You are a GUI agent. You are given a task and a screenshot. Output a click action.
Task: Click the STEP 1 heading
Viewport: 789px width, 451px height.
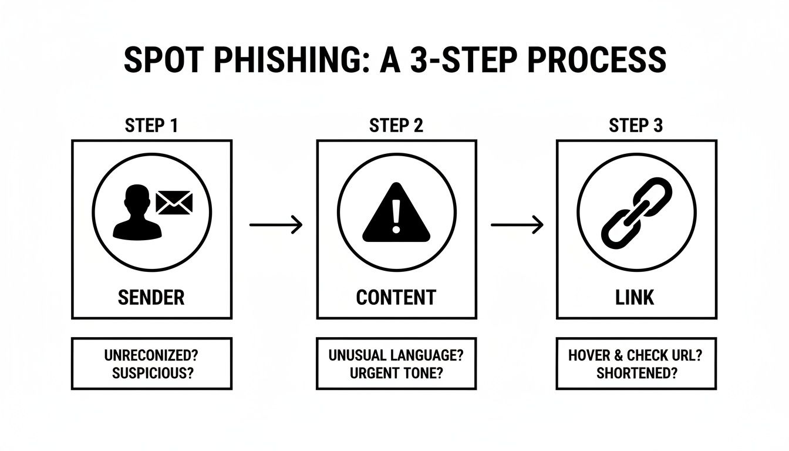click(x=151, y=126)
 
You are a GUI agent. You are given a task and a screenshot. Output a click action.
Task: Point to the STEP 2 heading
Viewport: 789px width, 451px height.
click(x=396, y=126)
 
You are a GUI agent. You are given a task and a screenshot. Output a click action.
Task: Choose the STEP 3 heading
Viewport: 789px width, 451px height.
click(x=636, y=126)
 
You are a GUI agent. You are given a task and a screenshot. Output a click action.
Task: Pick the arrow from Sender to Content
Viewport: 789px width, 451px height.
click(x=275, y=224)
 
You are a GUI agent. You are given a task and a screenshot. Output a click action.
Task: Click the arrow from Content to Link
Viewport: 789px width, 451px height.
click(x=517, y=224)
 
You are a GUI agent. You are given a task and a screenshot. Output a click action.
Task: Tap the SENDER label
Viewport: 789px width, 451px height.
click(x=151, y=297)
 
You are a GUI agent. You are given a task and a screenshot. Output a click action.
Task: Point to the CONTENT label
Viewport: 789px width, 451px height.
click(x=396, y=297)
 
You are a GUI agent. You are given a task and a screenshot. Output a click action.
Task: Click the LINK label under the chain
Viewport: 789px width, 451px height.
click(x=636, y=297)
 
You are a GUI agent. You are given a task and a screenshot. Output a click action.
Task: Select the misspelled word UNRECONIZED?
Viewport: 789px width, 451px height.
click(x=151, y=356)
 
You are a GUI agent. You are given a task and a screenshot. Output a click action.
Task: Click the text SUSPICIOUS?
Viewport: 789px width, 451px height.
click(x=151, y=373)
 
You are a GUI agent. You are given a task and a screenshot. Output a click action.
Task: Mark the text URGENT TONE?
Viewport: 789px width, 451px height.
click(x=396, y=373)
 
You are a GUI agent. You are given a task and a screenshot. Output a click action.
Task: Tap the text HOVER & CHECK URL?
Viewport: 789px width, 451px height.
click(x=636, y=356)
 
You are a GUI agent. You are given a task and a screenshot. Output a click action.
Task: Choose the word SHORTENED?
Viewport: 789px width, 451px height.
click(x=636, y=373)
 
